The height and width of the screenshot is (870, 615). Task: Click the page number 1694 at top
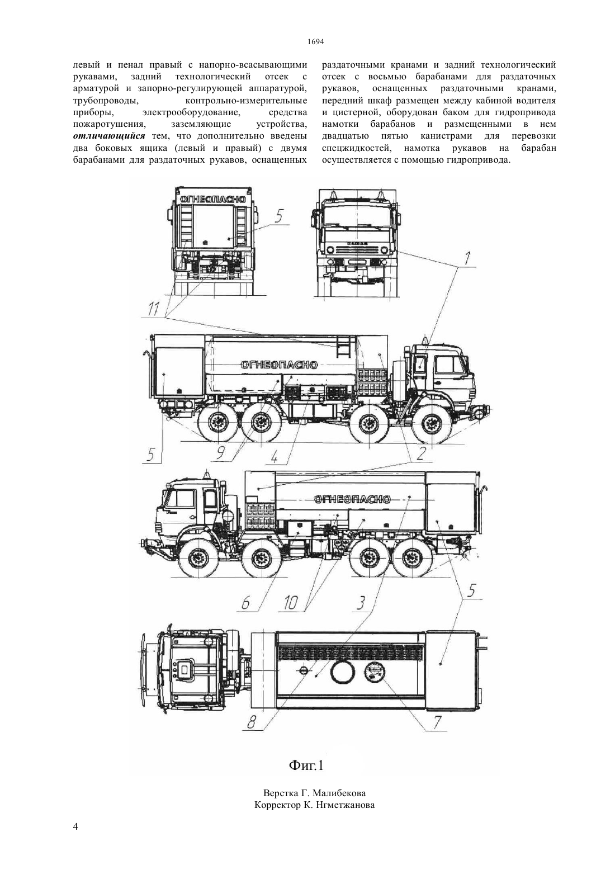coord(316,42)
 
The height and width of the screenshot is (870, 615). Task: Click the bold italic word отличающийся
coord(109,136)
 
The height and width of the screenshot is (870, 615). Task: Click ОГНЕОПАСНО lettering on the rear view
coord(212,199)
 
